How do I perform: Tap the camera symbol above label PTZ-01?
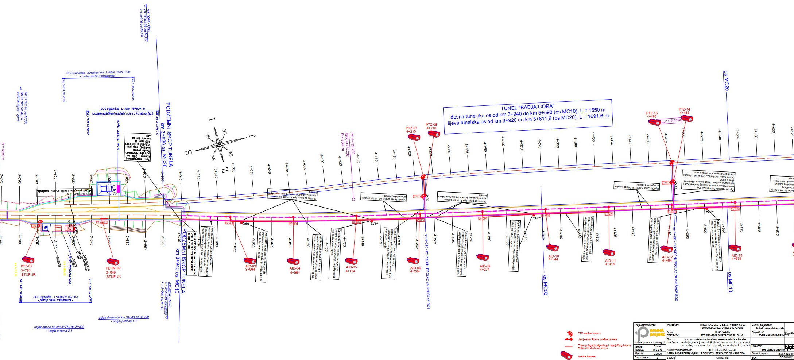tap(28, 260)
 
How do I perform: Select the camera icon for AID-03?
tap(250, 261)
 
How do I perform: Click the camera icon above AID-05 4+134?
tap(351, 261)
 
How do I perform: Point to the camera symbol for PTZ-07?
tap(414, 137)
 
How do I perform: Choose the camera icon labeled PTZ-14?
tap(686, 119)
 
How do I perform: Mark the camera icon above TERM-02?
tap(113, 262)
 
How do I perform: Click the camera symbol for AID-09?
tap(483, 258)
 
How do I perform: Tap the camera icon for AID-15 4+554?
tap(735, 248)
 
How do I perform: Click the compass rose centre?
tap(218, 145)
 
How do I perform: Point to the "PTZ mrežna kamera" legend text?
tap(589, 333)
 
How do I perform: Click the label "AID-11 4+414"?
tap(610, 262)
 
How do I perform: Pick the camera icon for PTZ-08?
tap(434, 134)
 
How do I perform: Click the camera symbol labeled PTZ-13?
tap(654, 122)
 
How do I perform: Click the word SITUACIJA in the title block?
tap(721, 358)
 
